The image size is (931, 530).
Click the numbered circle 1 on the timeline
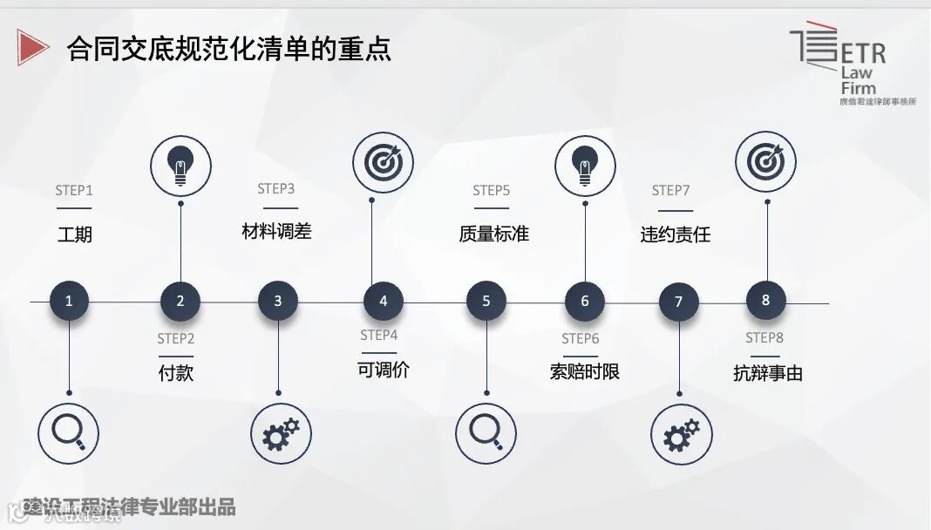tap(70, 302)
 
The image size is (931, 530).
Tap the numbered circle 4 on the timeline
tap(384, 302)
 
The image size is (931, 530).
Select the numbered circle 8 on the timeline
tap(766, 300)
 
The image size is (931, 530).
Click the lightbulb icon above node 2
tap(180, 166)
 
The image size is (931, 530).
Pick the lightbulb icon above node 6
tap(585, 166)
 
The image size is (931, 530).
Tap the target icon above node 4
tap(382, 162)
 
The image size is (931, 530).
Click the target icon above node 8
tap(765, 162)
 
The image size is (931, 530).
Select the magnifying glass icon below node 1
tap(69, 433)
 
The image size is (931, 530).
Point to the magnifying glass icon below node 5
tap(486, 433)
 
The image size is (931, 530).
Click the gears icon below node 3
tap(280, 433)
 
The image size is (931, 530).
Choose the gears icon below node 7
tap(681, 433)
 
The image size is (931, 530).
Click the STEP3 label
tap(276, 189)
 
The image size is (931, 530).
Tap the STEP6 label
tap(581, 339)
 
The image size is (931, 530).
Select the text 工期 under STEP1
tap(75, 234)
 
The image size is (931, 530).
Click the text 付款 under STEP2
tap(176, 373)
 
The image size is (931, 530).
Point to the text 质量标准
tap(493, 234)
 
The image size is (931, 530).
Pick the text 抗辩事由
tap(768, 373)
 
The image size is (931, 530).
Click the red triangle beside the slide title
tap(32, 47)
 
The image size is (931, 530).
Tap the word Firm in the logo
tap(858, 88)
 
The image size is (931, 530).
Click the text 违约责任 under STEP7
tap(676, 234)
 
